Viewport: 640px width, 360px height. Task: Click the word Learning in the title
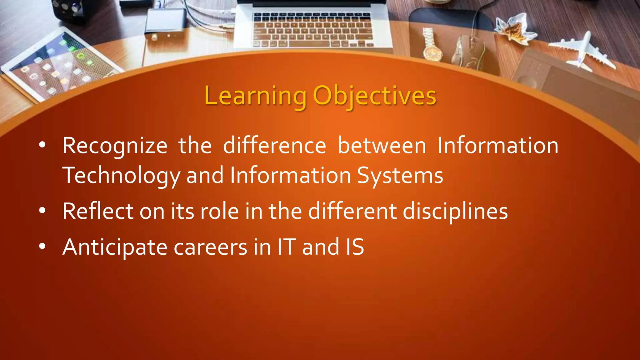[x=255, y=96]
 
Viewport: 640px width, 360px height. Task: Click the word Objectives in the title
[x=374, y=96]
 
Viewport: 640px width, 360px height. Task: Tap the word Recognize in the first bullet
[x=115, y=146]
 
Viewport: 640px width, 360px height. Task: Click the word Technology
[x=121, y=176]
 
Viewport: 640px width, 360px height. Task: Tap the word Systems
[x=400, y=176]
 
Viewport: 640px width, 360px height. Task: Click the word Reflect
[x=98, y=211]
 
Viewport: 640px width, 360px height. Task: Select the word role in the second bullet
[x=219, y=211]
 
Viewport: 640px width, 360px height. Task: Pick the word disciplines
[x=455, y=212]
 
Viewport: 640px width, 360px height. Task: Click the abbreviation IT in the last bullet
[x=286, y=247]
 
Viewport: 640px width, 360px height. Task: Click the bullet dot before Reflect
[x=42, y=211]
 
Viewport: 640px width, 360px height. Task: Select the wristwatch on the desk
[x=431, y=45]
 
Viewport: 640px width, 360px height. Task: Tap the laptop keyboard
[x=312, y=30]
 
